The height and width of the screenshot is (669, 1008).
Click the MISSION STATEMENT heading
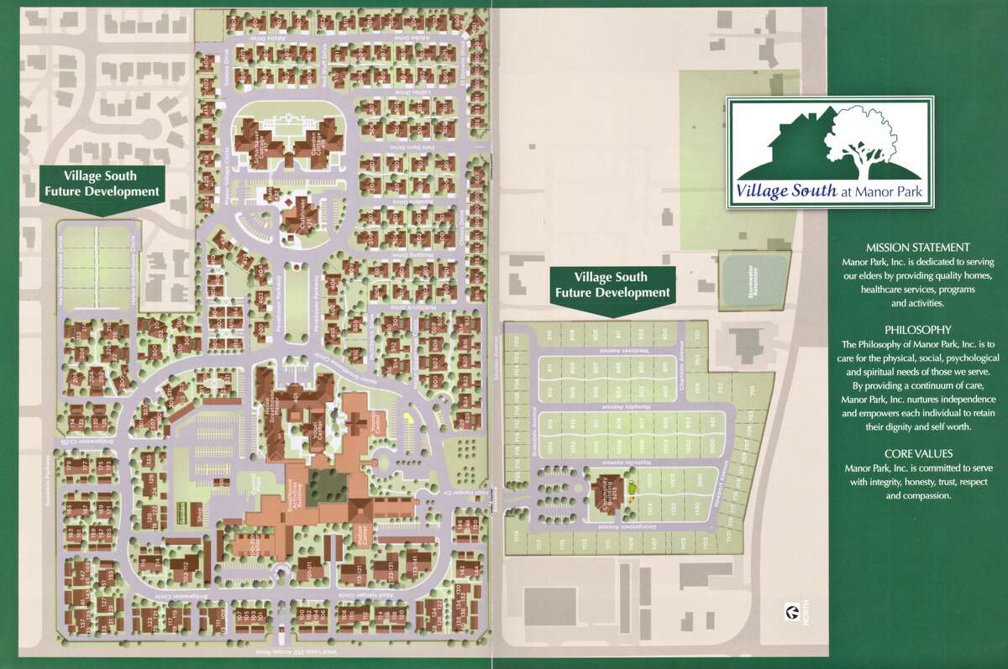(917, 248)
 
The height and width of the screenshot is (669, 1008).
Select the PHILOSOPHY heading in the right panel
(917, 330)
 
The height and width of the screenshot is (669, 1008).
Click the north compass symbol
(789, 611)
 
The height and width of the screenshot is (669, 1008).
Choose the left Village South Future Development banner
(101, 184)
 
